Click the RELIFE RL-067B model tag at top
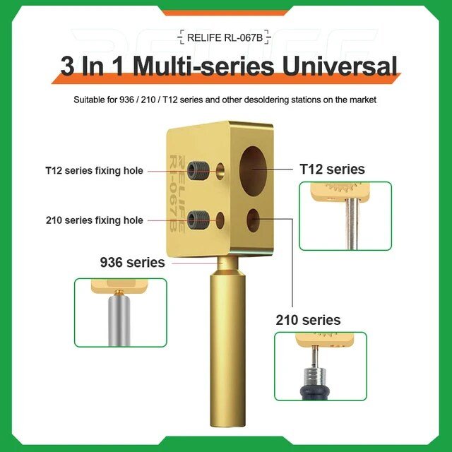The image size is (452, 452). click(x=225, y=37)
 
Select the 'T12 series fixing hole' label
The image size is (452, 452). click(x=94, y=171)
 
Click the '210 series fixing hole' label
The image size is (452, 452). click(x=94, y=220)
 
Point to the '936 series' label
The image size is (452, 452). click(x=132, y=263)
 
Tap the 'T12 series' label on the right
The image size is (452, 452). click(x=332, y=169)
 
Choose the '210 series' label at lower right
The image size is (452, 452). click(x=308, y=320)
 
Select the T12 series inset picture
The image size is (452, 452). click(x=345, y=215)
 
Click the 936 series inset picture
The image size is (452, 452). click(x=120, y=311)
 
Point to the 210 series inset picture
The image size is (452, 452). click(x=320, y=367)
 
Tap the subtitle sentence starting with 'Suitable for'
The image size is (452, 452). click(x=225, y=100)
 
